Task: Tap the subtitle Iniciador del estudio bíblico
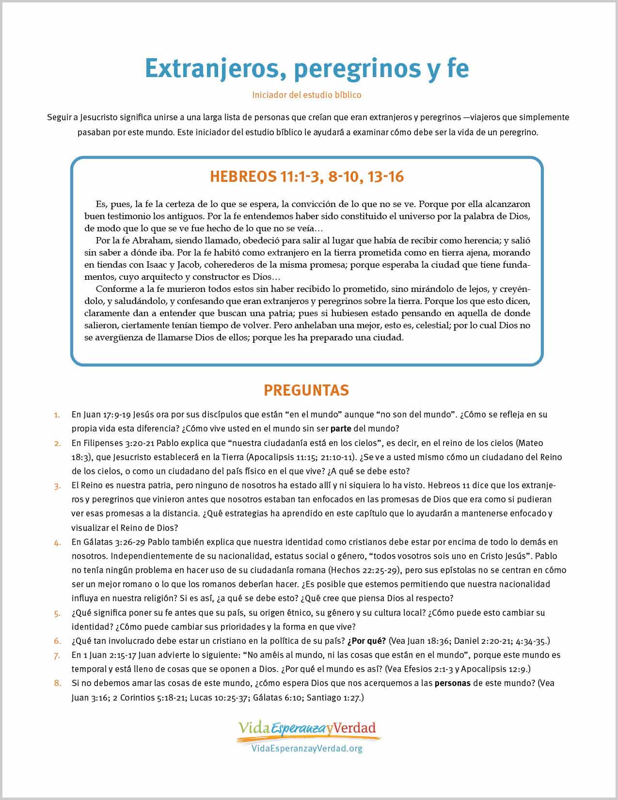click(306, 95)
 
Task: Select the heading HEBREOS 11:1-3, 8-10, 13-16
click(306, 177)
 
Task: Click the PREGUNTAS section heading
click(306, 390)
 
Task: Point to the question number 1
click(57, 415)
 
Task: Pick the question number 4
click(57, 543)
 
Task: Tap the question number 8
click(57, 684)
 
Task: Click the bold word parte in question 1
click(341, 429)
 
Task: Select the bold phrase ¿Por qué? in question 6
click(366, 641)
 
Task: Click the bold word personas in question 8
click(452, 683)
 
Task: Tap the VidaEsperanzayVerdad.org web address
click(307, 749)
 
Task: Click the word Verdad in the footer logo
click(354, 728)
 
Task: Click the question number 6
click(57, 641)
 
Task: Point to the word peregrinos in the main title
click(357, 68)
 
